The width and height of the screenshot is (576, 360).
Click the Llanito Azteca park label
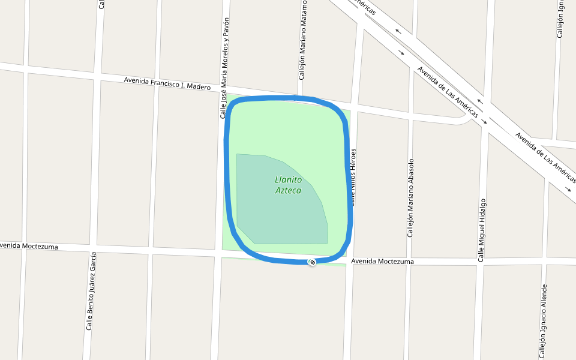tap(288, 185)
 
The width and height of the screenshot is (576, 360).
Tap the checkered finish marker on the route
tap(312, 262)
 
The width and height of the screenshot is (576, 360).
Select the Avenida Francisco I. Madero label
tap(167, 83)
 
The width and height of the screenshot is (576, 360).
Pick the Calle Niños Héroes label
tap(354, 177)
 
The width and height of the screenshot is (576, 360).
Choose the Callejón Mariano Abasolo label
tap(411, 198)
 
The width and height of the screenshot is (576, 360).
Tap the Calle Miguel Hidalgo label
tap(481, 230)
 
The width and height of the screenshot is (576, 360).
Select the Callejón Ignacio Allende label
tap(543, 321)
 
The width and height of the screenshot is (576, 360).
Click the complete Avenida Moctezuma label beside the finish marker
tap(382, 262)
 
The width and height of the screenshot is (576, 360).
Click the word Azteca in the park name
tap(288, 191)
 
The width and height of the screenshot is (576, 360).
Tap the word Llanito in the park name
tap(288, 179)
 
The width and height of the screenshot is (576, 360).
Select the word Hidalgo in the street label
tap(482, 211)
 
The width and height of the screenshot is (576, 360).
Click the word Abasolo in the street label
tap(411, 172)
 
